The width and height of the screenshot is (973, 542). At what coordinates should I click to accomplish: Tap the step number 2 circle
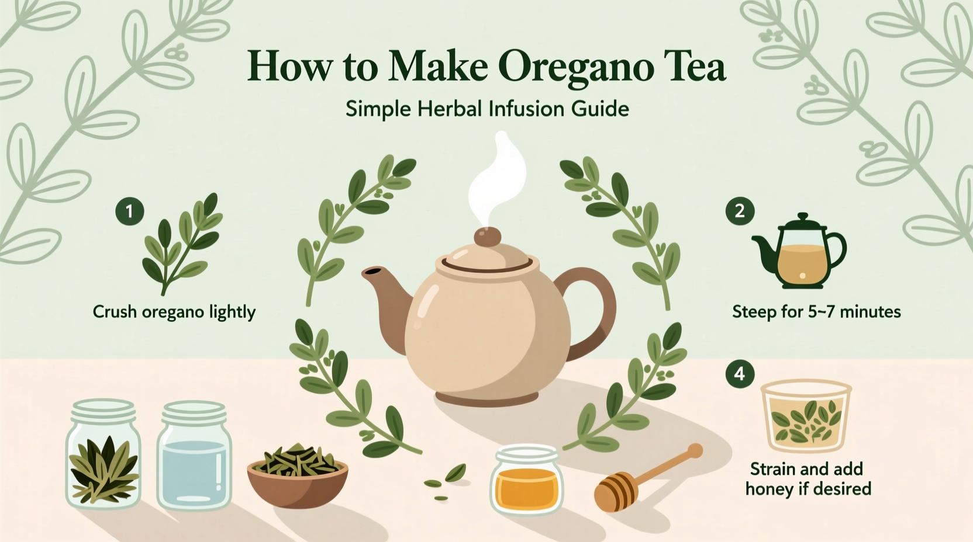[x=740, y=210]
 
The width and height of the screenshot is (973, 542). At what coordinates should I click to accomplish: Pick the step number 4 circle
[x=740, y=373]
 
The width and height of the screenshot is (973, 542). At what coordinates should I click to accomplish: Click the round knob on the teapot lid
[x=487, y=237]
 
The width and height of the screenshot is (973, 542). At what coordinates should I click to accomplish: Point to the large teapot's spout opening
[x=370, y=273]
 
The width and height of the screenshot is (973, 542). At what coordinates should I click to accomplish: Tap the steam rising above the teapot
[x=497, y=175]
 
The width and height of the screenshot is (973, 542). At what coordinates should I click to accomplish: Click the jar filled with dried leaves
[x=103, y=456]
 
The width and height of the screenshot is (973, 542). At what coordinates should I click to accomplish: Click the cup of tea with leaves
[x=806, y=416]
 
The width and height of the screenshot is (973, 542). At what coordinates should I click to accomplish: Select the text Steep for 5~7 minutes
[x=816, y=312]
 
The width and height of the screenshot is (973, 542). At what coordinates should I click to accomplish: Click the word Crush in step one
[x=115, y=312]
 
